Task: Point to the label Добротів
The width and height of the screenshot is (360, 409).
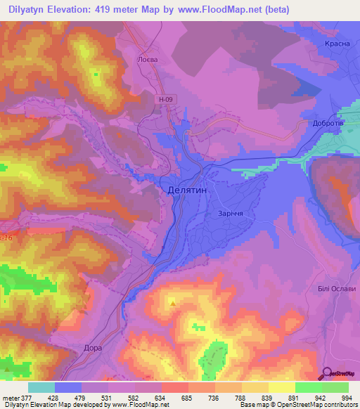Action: click(328, 122)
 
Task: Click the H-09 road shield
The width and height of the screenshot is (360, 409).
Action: click(165, 100)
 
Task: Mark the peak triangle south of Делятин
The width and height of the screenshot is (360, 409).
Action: click(172, 304)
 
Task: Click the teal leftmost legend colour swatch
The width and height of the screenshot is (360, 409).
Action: click(41, 387)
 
